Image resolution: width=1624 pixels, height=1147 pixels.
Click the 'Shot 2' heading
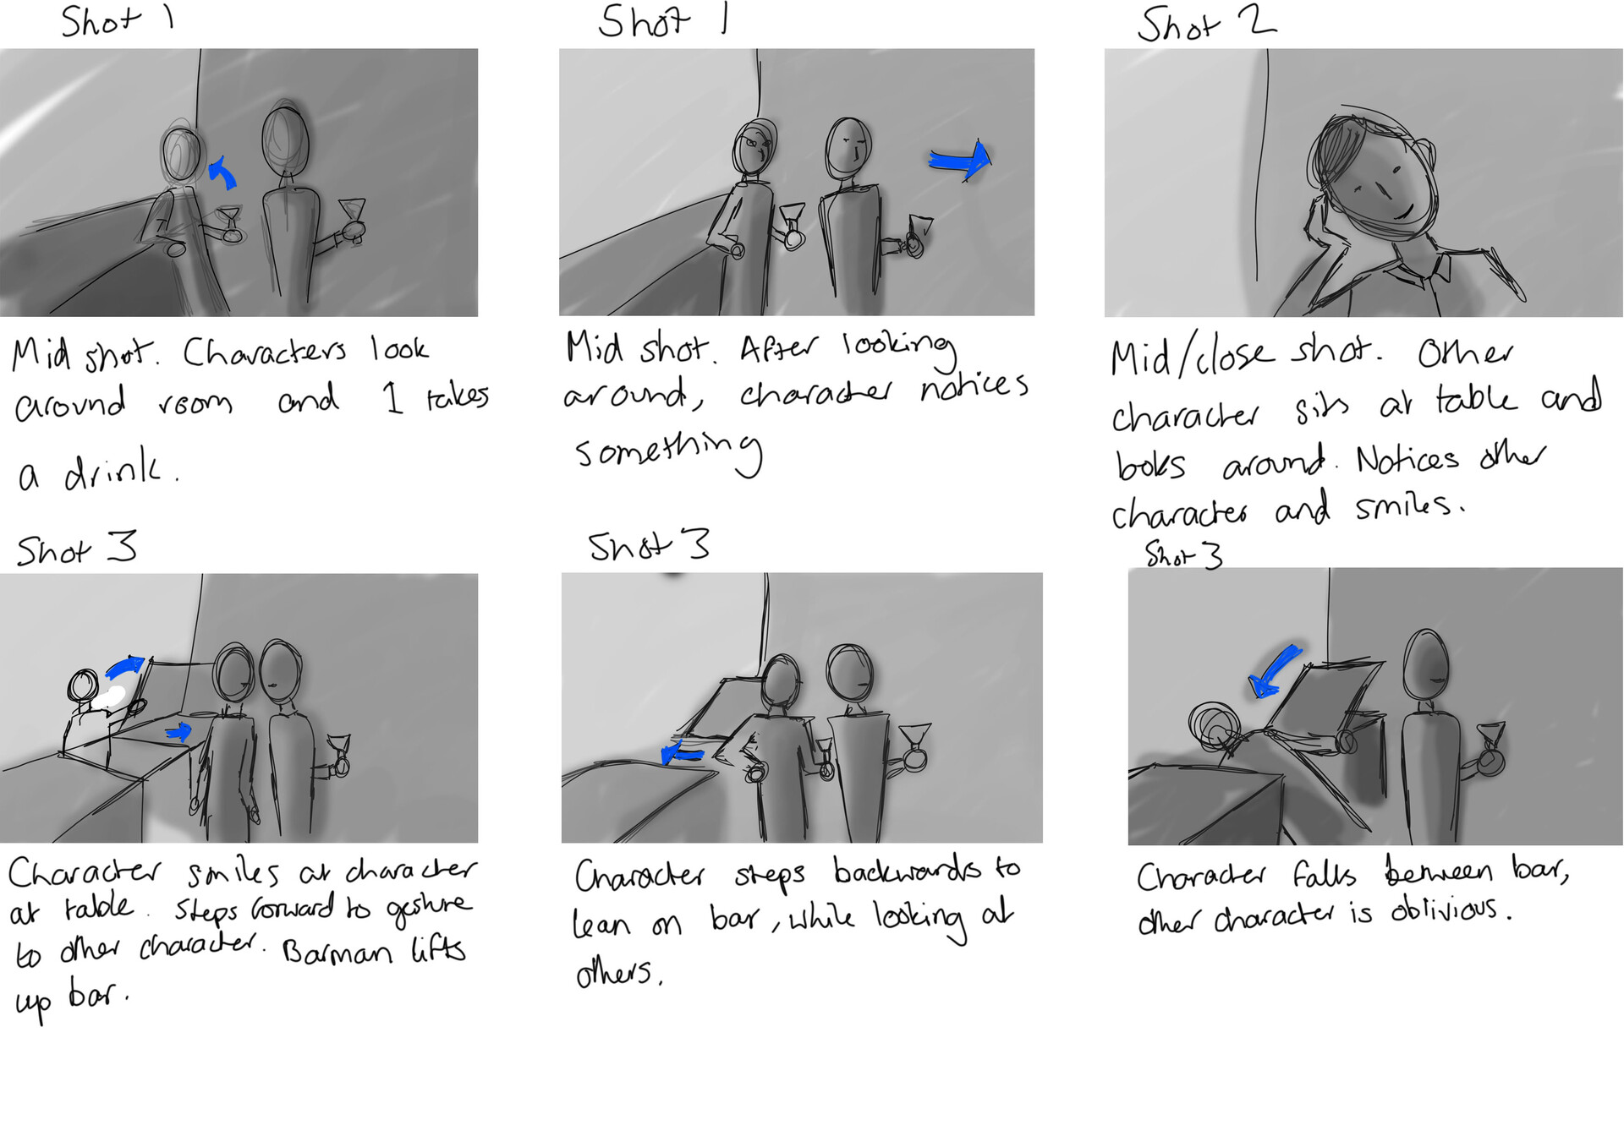1205,25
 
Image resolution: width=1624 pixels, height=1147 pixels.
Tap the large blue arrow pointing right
960,160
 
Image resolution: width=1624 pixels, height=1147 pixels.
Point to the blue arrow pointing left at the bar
682,751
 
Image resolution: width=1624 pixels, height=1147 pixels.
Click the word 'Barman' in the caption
337,953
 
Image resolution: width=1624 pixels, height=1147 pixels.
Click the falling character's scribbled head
1214,726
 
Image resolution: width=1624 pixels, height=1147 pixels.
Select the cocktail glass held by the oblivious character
1490,744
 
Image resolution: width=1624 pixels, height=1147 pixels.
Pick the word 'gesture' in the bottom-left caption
429,909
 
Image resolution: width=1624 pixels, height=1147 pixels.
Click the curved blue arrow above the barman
125,668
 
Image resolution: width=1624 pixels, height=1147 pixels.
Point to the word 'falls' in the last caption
1323,875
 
